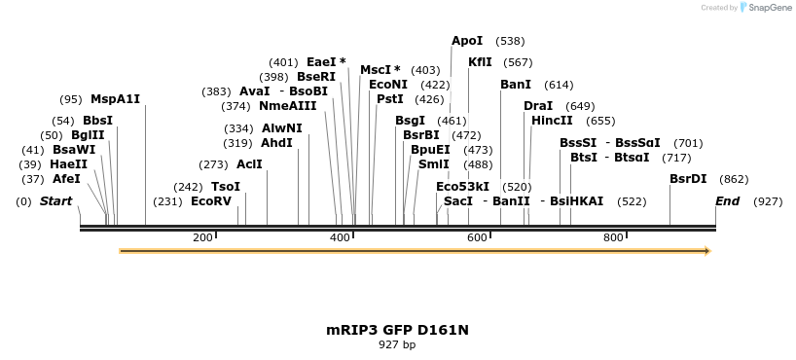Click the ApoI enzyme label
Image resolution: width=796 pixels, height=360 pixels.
click(467, 41)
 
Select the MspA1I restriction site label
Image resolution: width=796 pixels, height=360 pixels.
click(116, 99)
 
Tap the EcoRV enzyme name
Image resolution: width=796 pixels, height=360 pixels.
click(211, 201)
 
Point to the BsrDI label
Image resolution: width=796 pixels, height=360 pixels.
click(688, 179)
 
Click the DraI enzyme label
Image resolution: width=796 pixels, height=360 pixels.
click(538, 106)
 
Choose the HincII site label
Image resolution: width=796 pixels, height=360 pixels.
click(552, 121)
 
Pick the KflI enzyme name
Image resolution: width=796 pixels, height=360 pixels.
click(480, 62)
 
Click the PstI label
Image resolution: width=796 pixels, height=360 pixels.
click(390, 99)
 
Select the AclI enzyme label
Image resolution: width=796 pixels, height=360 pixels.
click(249, 164)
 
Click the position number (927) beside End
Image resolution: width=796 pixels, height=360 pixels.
click(768, 201)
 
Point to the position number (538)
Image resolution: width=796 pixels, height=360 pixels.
click(510, 41)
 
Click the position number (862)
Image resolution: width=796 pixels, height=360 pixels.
click(734, 179)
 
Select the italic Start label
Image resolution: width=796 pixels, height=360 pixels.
click(55, 201)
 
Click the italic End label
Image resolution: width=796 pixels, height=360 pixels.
click(727, 201)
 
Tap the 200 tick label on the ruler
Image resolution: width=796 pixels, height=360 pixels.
click(202, 237)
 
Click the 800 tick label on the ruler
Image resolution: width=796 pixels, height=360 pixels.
click(613, 237)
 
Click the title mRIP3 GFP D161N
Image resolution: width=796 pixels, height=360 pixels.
click(397, 330)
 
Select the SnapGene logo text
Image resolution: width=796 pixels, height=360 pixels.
click(770, 8)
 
